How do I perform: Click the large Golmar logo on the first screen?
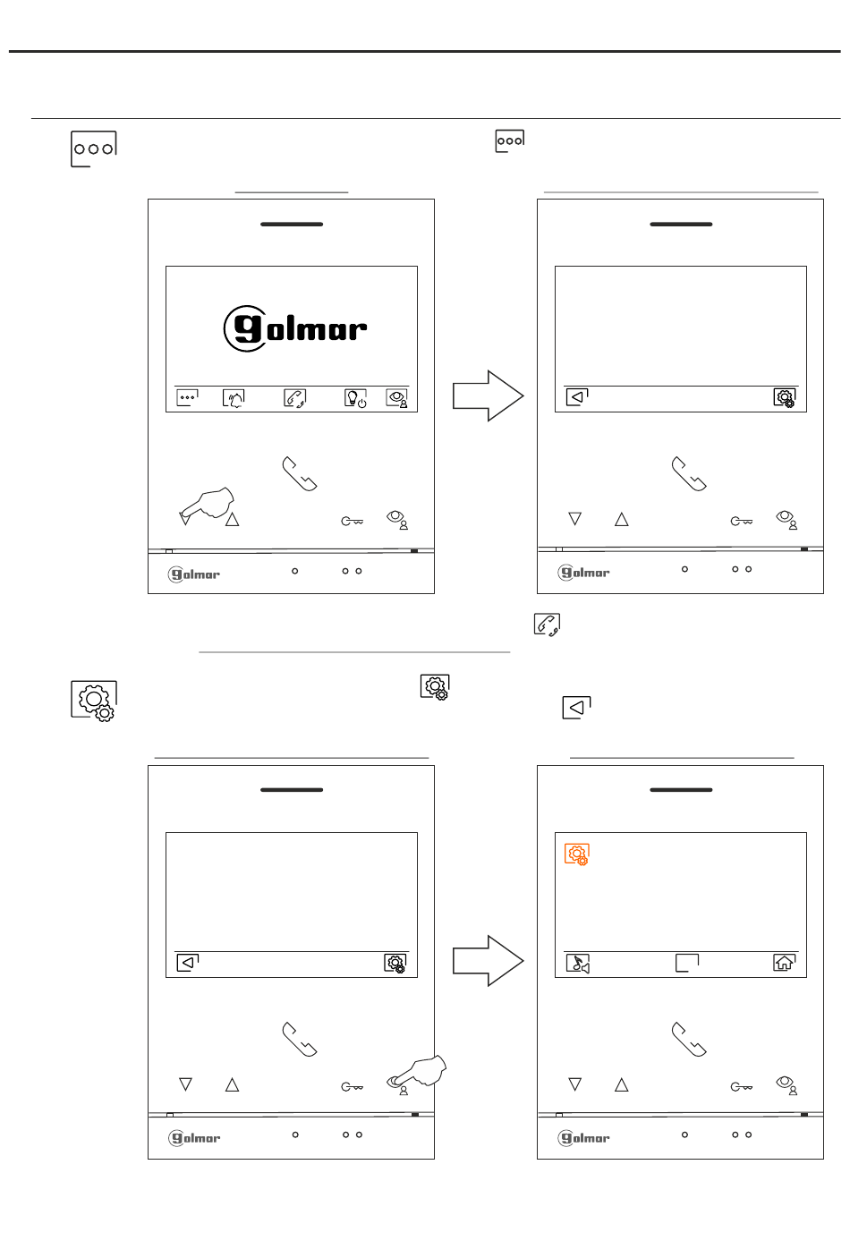(294, 328)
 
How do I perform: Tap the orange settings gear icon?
(577, 854)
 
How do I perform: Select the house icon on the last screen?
(784, 963)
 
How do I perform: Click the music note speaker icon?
(577, 963)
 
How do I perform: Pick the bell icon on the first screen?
(234, 398)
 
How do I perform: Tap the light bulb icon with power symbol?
(355, 398)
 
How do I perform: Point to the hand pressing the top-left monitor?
(207, 504)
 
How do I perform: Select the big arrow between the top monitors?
(488, 395)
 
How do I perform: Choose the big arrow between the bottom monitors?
(488, 961)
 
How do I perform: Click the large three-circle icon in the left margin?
(94, 149)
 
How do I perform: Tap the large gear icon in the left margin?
(94, 701)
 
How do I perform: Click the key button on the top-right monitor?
(742, 521)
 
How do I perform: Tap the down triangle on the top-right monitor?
(574, 519)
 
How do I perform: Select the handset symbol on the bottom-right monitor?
(689, 1040)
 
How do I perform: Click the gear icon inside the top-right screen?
(784, 398)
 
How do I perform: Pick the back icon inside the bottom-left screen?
(187, 963)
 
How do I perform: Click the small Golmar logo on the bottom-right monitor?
(583, 1138)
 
